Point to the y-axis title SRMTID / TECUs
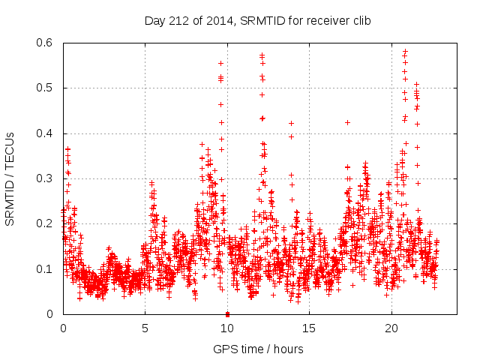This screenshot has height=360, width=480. (10, 179)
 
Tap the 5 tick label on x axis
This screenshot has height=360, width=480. (145, 328)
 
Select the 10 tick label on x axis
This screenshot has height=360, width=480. (227, 328)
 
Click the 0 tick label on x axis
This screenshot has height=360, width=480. (63, 328)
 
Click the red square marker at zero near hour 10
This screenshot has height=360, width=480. (227, 313)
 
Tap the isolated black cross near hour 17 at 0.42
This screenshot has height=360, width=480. (347, 122)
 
